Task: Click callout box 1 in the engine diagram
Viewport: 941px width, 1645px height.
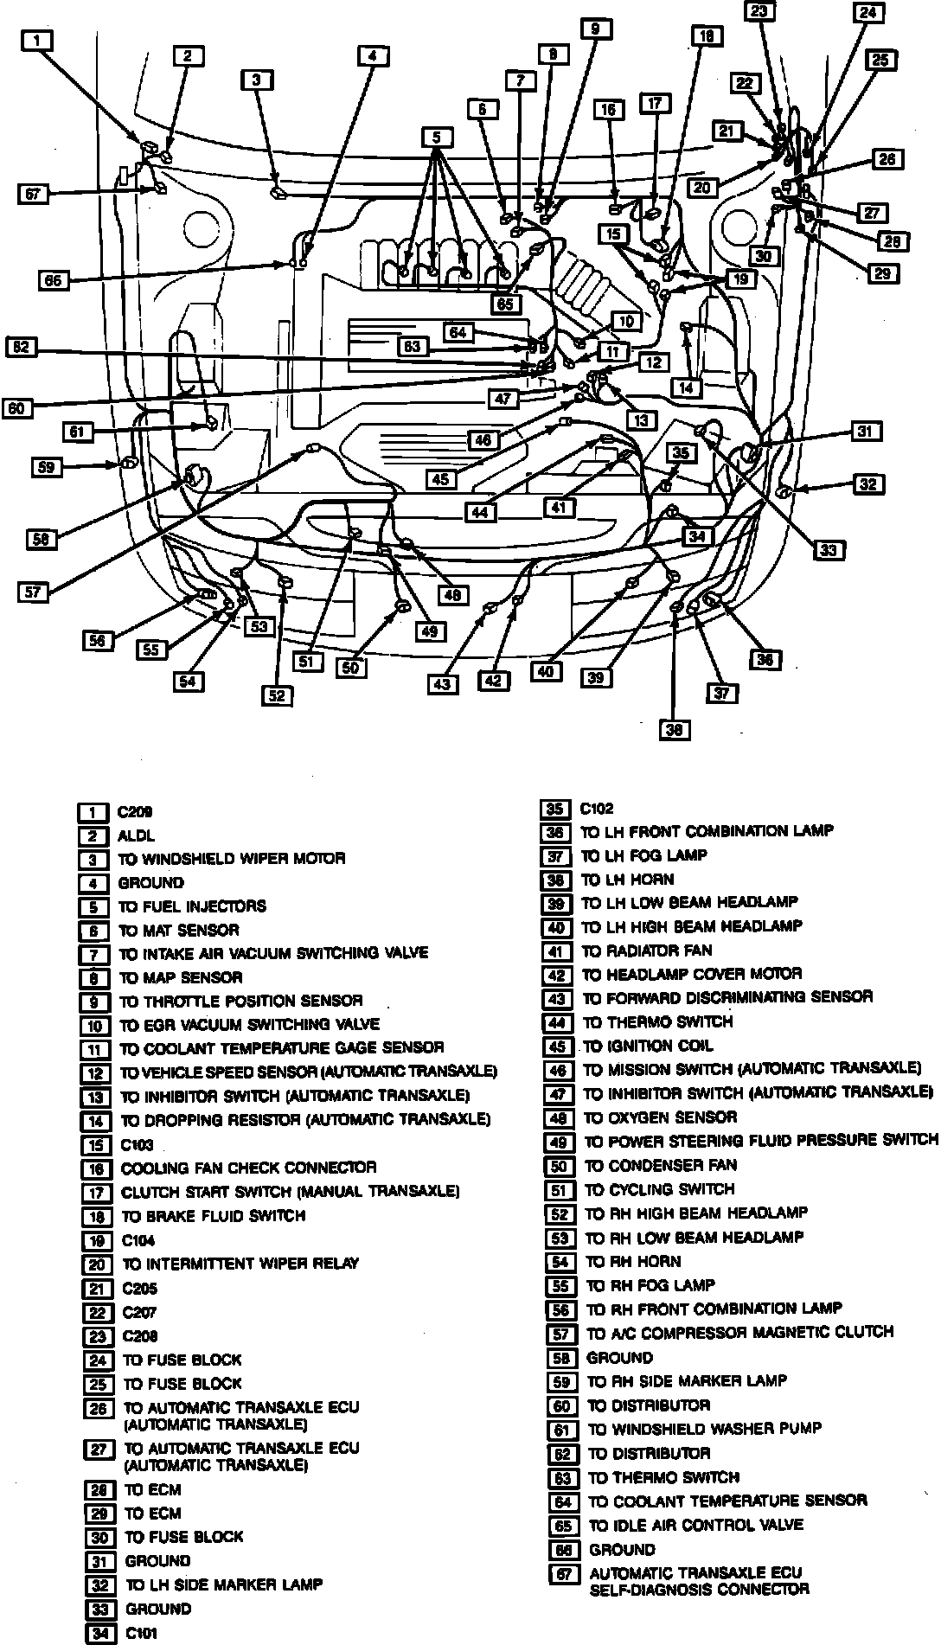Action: (37, 41)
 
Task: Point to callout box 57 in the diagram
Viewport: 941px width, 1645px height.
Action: (34, 592)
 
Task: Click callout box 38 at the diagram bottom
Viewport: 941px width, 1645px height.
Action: (675, 731)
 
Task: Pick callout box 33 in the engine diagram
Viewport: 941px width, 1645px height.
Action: (830, 549)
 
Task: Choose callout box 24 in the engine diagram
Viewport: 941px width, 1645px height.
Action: (867, 14)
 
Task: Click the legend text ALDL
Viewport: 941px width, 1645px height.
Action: (136, 835)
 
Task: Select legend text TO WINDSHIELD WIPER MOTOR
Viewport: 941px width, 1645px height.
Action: (232, 859)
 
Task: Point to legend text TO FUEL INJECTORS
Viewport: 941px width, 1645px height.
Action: (192, 906)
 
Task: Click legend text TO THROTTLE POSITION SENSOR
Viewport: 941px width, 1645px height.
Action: (240, 1001)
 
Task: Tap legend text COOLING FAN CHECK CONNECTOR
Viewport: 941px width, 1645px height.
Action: (248, 1168)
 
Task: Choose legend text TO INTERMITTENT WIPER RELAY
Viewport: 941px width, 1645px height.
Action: (240, 1264)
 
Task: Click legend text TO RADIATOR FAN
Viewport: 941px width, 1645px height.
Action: (647, 951)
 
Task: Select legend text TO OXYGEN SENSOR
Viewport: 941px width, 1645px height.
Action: (660, 1117)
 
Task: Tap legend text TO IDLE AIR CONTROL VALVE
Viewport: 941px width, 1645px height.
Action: (695, 1525)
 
